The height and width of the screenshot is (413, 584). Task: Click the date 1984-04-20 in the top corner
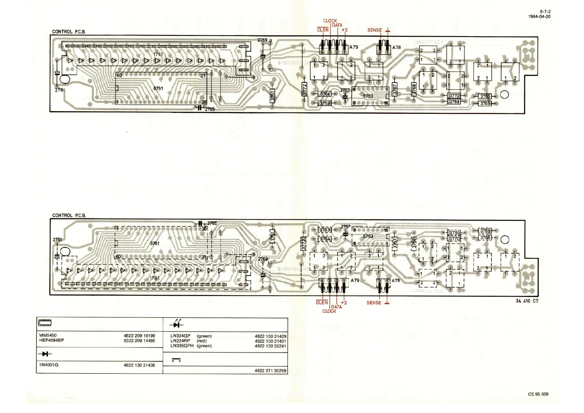point(539,16)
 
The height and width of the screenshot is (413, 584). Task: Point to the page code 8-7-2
point(545,12)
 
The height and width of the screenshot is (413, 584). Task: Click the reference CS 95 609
point(538,394)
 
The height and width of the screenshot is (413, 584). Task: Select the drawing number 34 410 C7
point(527,301)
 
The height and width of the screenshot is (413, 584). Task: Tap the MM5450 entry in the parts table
point(48,336)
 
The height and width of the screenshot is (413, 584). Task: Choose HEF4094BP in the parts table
point(52,340)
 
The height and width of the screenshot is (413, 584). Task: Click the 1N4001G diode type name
point(49,365)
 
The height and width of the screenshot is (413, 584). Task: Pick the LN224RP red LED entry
point(180,341)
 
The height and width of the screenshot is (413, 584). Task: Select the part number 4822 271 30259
point(270,371)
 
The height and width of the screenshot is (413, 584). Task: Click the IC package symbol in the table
point(45,323)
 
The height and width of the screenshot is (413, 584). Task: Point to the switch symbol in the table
point(176,360)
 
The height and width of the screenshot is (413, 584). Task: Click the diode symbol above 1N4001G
point(45,354)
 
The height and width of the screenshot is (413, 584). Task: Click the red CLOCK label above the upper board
point(330,21)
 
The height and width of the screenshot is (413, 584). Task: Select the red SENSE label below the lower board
point(374,303)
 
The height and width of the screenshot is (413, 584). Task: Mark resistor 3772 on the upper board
point(304,89)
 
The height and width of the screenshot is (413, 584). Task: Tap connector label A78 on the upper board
point(397,47)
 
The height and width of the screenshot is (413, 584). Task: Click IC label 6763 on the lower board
point(368,236)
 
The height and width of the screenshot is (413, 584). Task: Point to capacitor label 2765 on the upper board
point(210,109)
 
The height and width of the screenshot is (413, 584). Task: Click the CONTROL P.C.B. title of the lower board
point(69,215)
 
